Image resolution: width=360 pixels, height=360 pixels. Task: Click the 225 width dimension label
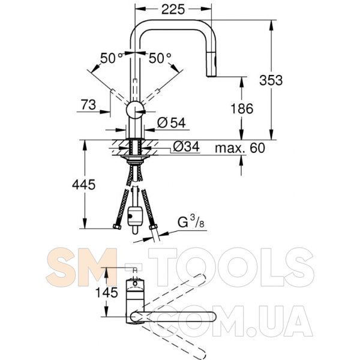pos(173,10)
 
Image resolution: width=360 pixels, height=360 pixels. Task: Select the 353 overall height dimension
pos(271,80)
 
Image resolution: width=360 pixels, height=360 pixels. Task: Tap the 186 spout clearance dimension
pos(242,109)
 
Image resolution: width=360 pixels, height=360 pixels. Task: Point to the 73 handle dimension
pos(88,105)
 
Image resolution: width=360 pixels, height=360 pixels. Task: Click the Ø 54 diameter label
pos(171,123)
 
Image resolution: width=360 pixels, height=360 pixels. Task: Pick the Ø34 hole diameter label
pos(186,147)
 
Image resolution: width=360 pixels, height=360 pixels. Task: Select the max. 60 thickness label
pos(240,148)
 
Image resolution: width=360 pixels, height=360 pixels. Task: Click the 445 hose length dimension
pos(83,185)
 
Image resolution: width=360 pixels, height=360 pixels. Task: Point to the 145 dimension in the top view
pos(107,293)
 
